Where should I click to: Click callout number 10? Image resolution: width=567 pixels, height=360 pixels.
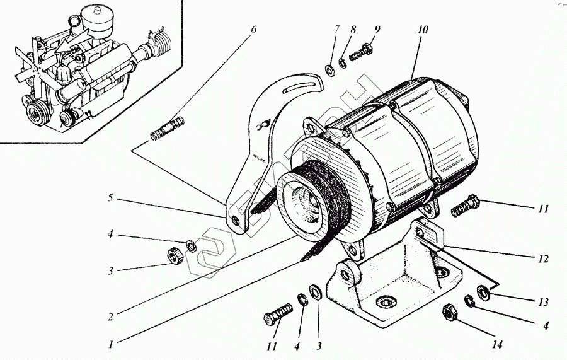[x=422, y=30]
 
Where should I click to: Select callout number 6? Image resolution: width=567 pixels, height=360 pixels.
[x=253, y=29]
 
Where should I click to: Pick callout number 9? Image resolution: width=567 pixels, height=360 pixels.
[x=377, y=30]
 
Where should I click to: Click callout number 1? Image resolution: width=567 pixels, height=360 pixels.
[x=111, y=345]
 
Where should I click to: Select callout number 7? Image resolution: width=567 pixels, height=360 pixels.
[x=337, y=29]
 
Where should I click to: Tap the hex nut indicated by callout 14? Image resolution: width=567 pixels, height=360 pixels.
[x=450, y=311]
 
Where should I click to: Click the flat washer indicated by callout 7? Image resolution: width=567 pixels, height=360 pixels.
[x=329, y=69]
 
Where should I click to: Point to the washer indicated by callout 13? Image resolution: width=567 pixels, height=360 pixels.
[x=484, y=292]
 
